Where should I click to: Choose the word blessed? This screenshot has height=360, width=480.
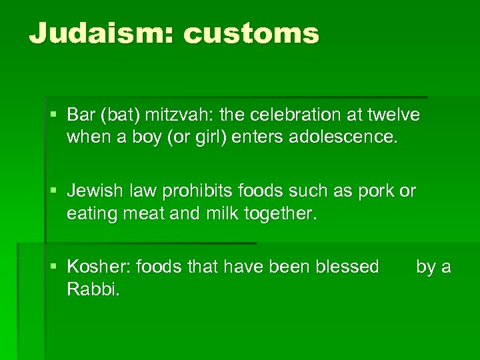tap(345, 267)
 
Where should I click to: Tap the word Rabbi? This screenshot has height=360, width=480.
tap(93, 290)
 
